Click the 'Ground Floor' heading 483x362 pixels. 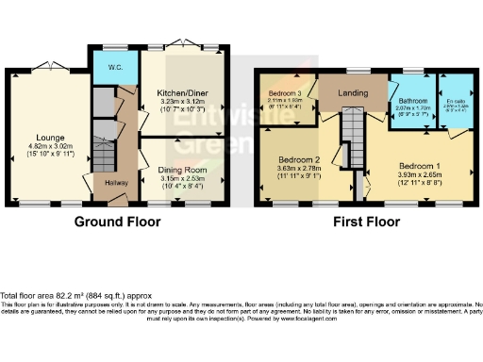tap(117, 222)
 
